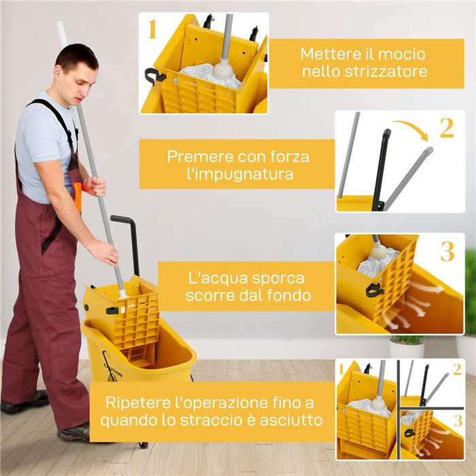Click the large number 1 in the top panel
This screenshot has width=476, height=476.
pyautogui.click(x=152, y=30)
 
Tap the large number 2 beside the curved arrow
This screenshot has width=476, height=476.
pyautogui.click(x=446, y=127)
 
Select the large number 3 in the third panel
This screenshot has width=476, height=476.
pyautogui.click(x=447, y=251)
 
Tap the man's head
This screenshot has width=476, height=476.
pyautogui.click(x=76, y=68)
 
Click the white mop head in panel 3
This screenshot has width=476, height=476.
pyautogui.click(x=377, y=262)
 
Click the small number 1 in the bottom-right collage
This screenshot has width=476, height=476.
pyautogui.click(x=341, y=369)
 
